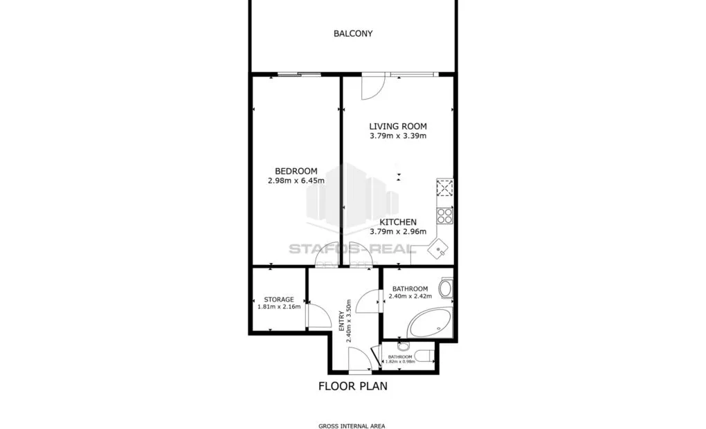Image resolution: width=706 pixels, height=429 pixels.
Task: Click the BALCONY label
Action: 353,33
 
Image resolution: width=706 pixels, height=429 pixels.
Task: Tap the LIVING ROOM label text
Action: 397,127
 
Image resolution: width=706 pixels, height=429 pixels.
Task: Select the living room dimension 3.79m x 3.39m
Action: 397,136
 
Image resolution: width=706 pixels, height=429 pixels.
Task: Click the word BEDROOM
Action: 296,172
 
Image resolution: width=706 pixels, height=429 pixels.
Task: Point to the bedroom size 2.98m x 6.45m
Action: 296,181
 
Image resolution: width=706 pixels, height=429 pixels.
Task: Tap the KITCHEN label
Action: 397,222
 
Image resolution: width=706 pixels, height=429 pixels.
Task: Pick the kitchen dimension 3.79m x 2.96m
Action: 397,232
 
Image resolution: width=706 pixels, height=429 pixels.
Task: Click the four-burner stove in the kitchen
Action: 444,215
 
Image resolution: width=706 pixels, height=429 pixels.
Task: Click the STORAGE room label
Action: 279,300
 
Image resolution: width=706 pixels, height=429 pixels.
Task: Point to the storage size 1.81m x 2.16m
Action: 279,307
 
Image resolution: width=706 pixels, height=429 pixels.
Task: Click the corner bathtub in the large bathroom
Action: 430,323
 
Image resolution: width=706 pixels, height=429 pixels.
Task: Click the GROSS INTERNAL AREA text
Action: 352,426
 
